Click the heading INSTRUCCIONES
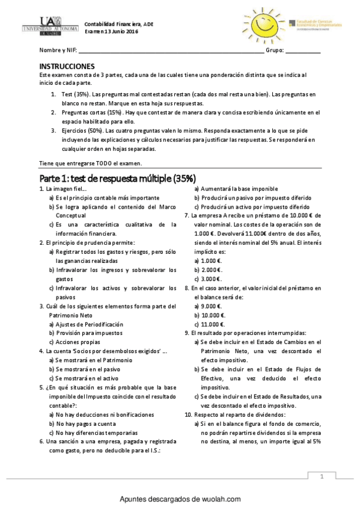tap(66, 66)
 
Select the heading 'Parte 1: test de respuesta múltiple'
tap(117, 178)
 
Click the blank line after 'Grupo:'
tap(302, 51)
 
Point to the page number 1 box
tap(323, 477)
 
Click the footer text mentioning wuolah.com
tap(180, 499)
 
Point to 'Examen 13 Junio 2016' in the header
tap(111, 31)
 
